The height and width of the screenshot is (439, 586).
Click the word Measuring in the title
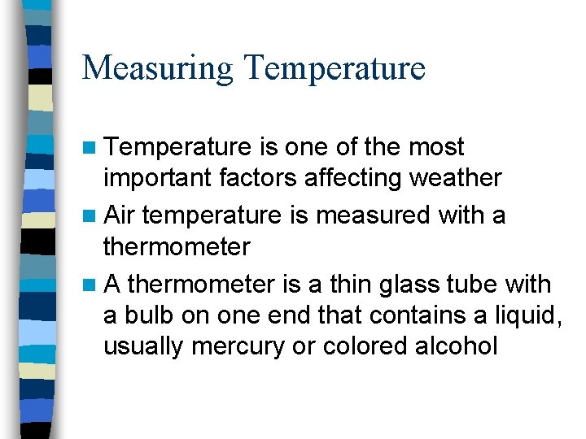pos(156,68)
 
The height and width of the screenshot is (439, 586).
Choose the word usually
pos(143,346)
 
